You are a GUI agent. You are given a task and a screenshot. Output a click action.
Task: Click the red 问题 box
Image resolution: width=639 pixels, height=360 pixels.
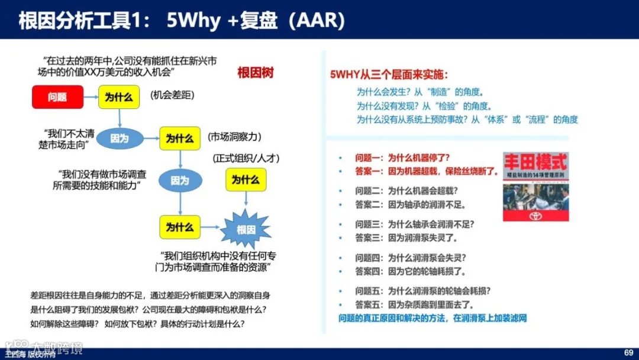tap(57, 97)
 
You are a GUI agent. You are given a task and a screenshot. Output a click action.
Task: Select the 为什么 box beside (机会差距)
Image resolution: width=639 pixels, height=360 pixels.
tap(118, 97)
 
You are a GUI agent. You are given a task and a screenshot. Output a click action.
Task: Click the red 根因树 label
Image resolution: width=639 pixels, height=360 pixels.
tap(255, 73)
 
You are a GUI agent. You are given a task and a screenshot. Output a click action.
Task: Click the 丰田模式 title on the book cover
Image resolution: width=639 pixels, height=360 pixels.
tap(535, 162)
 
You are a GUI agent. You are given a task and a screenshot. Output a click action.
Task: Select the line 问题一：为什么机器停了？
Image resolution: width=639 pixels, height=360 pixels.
tap(402, 158)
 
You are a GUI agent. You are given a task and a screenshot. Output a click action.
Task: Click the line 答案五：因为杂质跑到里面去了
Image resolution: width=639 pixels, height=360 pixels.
tap(410, 304)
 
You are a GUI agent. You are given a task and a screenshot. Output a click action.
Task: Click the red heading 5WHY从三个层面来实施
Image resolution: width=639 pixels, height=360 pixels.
tap(389, 75)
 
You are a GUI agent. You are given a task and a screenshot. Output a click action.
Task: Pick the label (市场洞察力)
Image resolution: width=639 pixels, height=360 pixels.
tap(234, 137)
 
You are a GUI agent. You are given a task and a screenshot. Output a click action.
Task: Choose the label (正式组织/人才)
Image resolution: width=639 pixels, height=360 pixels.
tap(246, 158)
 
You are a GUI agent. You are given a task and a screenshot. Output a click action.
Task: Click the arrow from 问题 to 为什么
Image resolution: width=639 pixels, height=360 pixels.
tap(90, 97)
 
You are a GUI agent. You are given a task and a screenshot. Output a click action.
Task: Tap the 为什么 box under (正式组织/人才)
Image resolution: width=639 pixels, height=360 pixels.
tap(246, 179)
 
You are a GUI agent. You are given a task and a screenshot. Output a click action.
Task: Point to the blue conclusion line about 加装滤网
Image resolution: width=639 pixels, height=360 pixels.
tap(433, 319)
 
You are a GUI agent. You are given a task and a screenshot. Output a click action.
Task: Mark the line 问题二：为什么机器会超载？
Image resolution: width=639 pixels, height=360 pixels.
tap(406, 191)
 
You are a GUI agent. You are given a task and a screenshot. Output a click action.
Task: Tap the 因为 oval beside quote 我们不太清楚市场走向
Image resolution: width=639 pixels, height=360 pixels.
tap(120, 138)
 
